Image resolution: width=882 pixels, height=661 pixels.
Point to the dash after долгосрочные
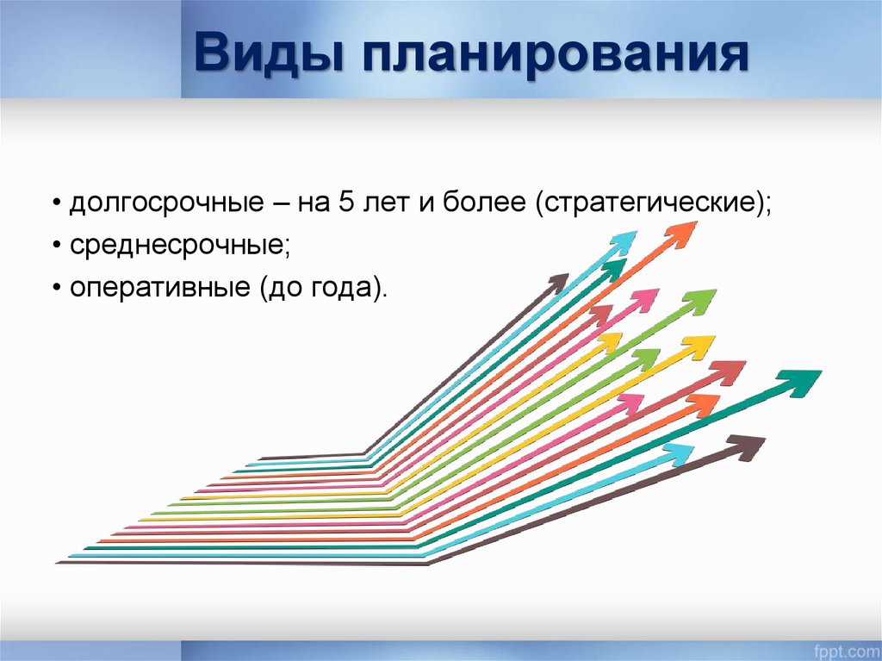279,206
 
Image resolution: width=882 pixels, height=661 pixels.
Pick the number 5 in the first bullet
345,205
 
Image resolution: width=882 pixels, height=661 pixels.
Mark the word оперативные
158,287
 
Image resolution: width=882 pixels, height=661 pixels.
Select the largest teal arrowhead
799,382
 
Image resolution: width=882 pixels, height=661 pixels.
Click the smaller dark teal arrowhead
614,271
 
